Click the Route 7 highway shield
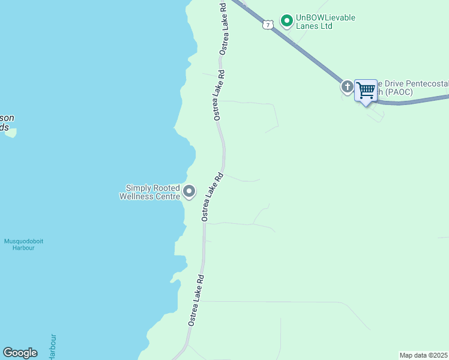click(268, 25)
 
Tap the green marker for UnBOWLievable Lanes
click(287, 21)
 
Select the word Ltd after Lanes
click(325, 26)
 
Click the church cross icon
click(347, 87)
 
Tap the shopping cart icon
click(366, 91)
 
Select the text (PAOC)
click(398, 92)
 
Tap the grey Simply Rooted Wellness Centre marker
click(190, 192)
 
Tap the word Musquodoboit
click(24, 241)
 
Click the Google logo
click(20, 353)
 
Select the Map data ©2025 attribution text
click(424, 355)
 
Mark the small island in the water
click(10, 133)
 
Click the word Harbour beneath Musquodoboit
click(23, 248)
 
